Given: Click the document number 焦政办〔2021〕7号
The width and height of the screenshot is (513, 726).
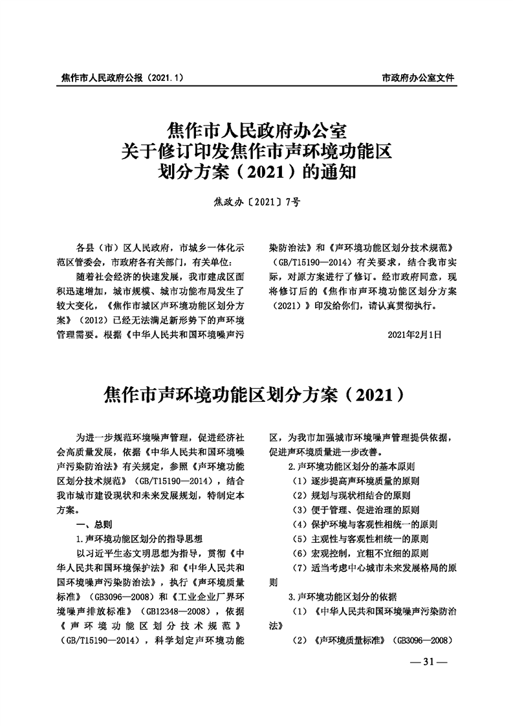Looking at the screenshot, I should pos(257,202).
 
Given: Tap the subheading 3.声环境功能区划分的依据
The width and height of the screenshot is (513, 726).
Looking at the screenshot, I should pos(343,596).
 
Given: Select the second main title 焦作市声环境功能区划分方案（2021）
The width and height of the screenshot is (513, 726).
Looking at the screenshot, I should pos(257,394).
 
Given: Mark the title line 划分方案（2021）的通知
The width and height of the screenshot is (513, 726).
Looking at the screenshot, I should pos(257,173).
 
